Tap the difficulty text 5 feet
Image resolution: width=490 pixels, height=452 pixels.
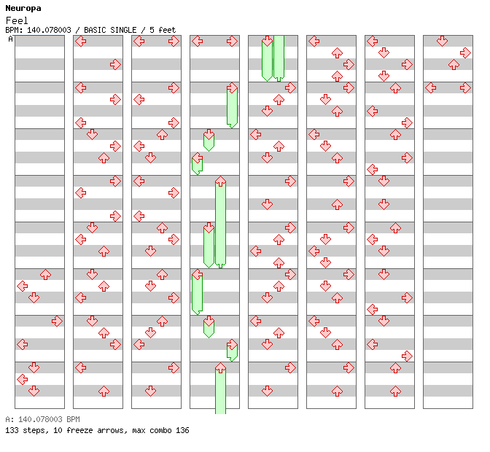coord(163,30)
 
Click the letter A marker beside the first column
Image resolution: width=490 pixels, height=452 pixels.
coord(11,39)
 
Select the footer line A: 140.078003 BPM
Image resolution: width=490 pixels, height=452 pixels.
coord(42,420)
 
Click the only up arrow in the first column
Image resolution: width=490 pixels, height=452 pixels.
coord(45,274)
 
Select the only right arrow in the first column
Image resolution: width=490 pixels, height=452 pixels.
coord(57,321)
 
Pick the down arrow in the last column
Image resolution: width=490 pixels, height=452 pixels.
coord(442,41)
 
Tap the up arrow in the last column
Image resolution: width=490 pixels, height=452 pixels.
coord(454,64)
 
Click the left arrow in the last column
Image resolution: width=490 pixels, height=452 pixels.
coord(430,87)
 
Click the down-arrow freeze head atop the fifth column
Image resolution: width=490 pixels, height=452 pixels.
coord(267,42)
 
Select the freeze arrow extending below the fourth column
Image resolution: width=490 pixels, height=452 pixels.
coord(220,390)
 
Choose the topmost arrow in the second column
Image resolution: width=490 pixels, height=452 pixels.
coord(80,41)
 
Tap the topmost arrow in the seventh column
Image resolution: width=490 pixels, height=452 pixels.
coord(372,41)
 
